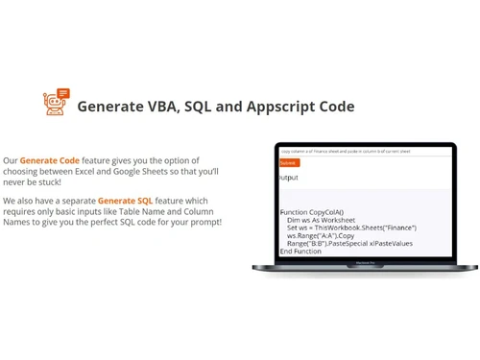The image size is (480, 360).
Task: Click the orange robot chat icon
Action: pos(57,102)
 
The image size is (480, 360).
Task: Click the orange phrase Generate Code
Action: pos(50,160)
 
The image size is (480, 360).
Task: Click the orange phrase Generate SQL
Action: pos(125,201)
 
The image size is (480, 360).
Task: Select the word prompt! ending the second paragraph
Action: pos(203,222)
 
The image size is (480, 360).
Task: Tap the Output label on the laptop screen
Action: pos(289,178)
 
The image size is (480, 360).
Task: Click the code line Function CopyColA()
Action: pos(312,212)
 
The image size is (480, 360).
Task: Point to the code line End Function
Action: pos(300,251)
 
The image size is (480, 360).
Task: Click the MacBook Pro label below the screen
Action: pos(364,262)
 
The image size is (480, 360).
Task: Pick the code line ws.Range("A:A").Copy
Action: pos(321,235)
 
